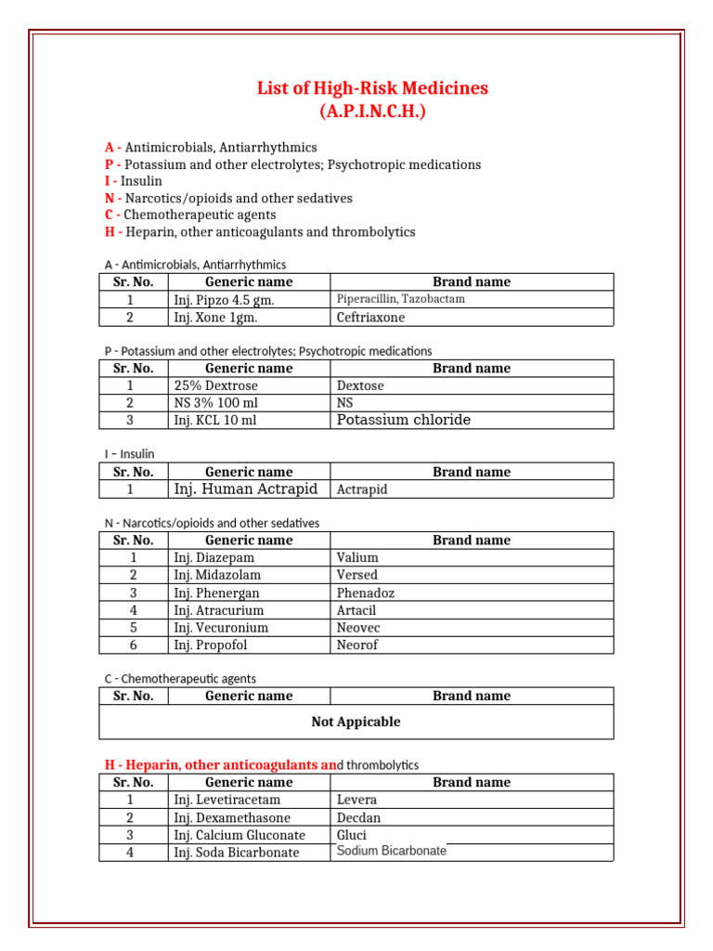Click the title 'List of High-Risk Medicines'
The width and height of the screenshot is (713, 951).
click(x=372, y=88)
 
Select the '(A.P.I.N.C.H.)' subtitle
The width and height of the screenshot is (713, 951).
click(x=372, y=111)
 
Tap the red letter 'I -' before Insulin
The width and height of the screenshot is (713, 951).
click(x=111, y=181)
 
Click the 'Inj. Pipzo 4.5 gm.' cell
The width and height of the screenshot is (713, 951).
click(x=224, y=300)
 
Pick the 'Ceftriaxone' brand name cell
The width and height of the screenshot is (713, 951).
click(x=370, y=317)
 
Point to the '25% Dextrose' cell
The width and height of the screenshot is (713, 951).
click(x=215, y=385)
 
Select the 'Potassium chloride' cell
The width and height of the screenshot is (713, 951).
click(x=403, y=420)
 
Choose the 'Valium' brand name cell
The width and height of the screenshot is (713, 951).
click(x=357, y=557)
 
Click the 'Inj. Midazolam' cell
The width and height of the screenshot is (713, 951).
click(x=217, y=575)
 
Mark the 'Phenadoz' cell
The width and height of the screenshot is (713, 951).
click(x=365, y=593)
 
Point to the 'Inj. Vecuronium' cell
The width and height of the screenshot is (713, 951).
click(x=221, y=627)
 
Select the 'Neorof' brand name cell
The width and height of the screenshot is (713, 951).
click(x=357, y=645)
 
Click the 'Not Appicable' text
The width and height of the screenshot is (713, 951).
click(x=356, y=722)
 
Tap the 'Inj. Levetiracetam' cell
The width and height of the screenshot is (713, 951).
click(x=227, y=800)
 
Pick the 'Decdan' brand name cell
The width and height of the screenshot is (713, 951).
click(x=358, y=817)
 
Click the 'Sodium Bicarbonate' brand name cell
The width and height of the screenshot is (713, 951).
click(x=391, y=851)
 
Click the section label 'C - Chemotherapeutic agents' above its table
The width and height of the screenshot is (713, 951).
click(x=180, y=679)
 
